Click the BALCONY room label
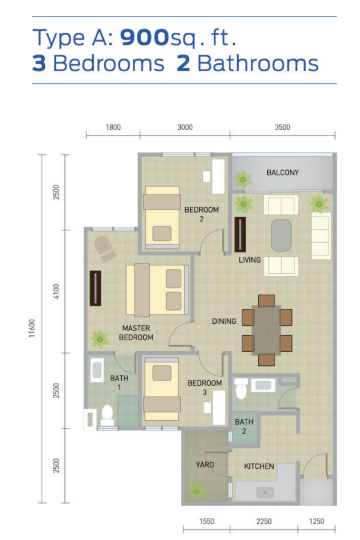pyautogui.click(x=283, y=172)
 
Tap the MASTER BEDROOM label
pyautogui.click(x=136, y=332)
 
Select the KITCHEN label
pyautogui.click(x=259, y=466)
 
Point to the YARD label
pyautogui.click(x=205, y=465)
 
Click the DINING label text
pyautogui.click(x=224, y=321)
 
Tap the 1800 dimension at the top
pyautogui.click(x=113, y=127)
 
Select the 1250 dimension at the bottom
pyautogui.click(x=317, y=522)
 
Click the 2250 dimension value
pyautogui.click(x=264, y=522)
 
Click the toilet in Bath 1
pyautogui.click(x=108, y=414)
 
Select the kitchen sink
pyautogui.click(x=264, y=492)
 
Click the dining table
pyautogui.click(x=267, y=331)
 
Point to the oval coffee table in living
pyautogui.click(x=283, y=236)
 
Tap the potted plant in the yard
pyautogui.click(x=197, y=491)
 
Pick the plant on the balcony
pyautogui.click(x=243, y=180)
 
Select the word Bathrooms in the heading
pyautogui.click(x=258, y=63)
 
